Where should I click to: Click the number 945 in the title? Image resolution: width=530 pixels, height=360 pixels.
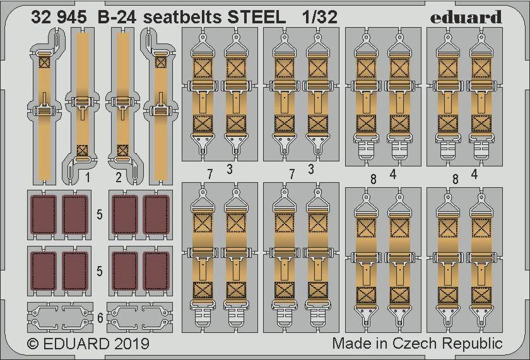tap(72, 17)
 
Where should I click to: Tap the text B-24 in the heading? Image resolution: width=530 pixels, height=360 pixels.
tap(117, 17)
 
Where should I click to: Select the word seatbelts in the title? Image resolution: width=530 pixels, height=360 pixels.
tap(183, 17)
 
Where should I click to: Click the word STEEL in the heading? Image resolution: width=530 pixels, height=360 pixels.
tap(257, 17)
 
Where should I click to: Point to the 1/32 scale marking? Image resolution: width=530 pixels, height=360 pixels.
tap(320, 17)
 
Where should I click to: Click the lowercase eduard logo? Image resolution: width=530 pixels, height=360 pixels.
tap(466, 17)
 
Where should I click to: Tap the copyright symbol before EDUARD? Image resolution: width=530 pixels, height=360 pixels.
tap(32, 344)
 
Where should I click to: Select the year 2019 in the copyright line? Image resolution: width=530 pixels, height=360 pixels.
tap(131, 344)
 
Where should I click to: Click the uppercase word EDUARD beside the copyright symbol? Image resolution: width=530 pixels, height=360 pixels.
tap(76, 344)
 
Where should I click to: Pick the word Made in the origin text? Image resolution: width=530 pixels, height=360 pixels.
tap(351, 343)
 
